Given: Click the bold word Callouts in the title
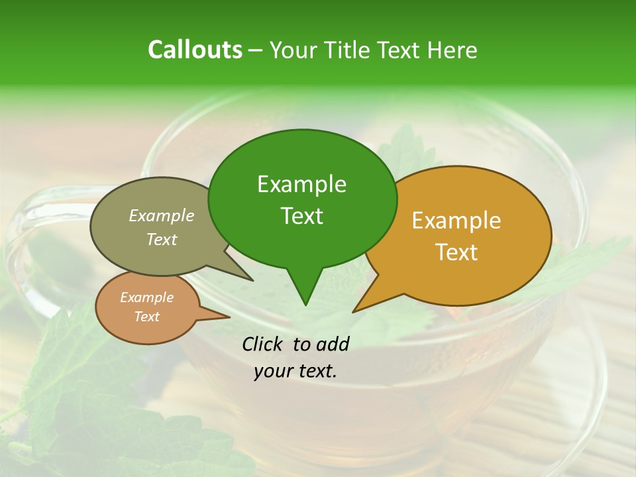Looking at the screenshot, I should point(195,50).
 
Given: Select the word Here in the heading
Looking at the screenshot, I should point(454,50).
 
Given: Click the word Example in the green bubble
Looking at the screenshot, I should point(301,184).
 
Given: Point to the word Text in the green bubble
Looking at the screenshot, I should point(301,216).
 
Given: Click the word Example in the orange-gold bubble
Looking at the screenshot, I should point(456,221).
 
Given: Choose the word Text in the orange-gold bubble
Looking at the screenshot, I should point(456,252).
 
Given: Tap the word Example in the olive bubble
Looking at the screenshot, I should point(162,215).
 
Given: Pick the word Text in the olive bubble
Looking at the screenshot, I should point(162,239).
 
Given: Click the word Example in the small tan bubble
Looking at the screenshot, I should point(146,297).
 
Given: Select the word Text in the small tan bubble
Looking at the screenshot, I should point(146,317).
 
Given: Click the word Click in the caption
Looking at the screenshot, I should point(264,344).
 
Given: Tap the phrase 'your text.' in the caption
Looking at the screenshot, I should point(295,371).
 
